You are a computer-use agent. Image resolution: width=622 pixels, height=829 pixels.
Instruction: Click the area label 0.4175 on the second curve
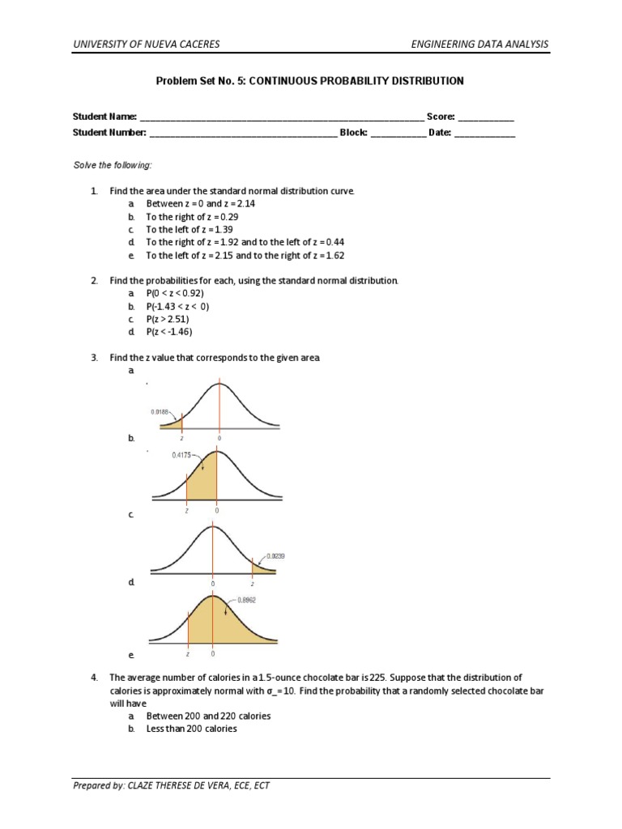[x=182, y=455]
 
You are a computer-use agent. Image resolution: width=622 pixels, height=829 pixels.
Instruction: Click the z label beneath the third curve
[x=252, y=583]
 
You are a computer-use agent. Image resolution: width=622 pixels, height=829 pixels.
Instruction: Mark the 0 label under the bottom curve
[x=212, y=653]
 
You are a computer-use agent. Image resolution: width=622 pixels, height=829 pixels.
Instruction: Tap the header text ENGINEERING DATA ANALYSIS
[x=479, y=44]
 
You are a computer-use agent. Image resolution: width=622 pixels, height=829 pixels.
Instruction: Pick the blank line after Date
[x=484, y=133]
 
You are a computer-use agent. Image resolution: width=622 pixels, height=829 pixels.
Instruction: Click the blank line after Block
[x=398, y=133]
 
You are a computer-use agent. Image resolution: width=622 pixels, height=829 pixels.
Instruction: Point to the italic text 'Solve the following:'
[x=113, y=165]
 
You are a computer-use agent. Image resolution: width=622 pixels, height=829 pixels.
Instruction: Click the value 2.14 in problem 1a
[x=245, y=204]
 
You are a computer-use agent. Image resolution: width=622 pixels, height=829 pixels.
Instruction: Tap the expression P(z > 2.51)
[x=168, y=319]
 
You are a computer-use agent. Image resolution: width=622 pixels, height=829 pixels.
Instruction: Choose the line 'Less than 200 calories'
[x=191, y=729]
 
